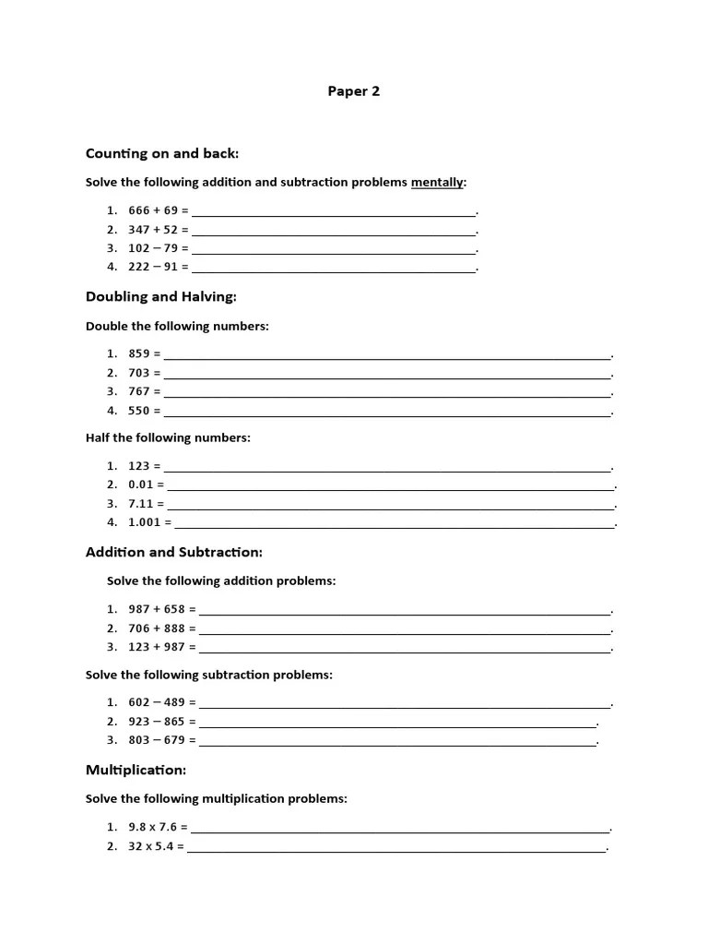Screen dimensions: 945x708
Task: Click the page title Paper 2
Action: [354, 91]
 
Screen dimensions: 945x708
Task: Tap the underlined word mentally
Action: [437, 183]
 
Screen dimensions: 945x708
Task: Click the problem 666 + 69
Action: [153, 210]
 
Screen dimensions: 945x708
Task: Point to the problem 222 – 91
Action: [153, 267]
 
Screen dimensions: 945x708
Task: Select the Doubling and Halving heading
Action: [160, 297]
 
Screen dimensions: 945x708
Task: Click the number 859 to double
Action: [139, 353]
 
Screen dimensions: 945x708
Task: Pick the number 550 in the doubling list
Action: [139, 411]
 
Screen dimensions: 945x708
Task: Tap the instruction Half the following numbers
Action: [168, 437]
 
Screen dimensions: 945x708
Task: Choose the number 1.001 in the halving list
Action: [145, 522]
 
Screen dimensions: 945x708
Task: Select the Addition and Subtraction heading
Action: [173, 552]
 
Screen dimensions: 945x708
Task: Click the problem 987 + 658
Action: [157, 609]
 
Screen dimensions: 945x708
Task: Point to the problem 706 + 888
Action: [157, 628]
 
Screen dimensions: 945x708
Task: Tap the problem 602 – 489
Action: [157, 702]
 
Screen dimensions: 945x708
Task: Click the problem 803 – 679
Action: [157, 740]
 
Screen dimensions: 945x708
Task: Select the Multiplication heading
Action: [136, 770]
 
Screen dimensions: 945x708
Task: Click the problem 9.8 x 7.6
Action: [153, 827]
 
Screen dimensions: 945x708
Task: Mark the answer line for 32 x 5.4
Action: [396, 848]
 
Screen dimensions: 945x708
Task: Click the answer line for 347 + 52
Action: [334, 232]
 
